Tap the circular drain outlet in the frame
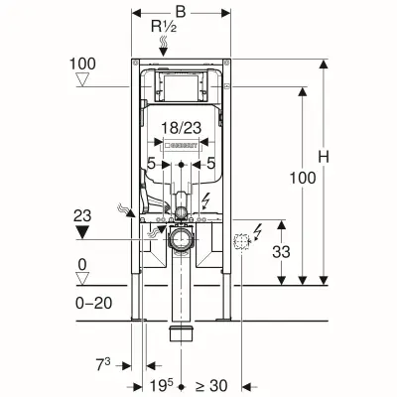pyautogui.click(x=181, y=239)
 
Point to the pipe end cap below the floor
pyautogui.click(x=181, y=331)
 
